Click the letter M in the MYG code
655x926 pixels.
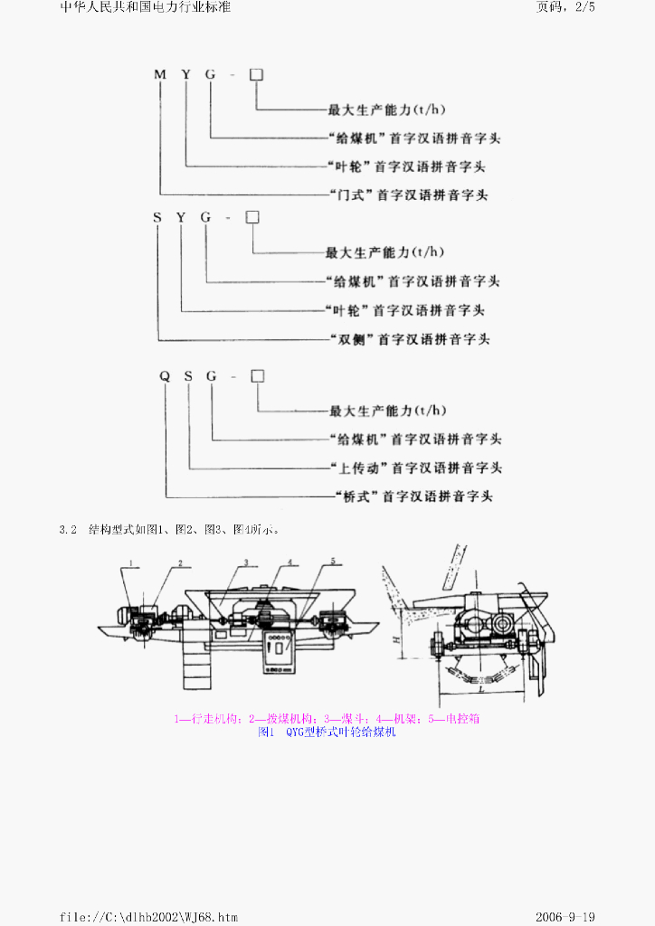[159, 74]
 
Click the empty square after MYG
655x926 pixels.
[256, 74]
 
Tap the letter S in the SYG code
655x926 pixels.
[157, 217]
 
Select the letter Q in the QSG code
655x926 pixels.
[165, 375]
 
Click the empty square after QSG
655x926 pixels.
[257, 375]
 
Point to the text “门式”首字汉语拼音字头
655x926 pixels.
[408, 195]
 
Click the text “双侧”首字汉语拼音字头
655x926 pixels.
[407, 340]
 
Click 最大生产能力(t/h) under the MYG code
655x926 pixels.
[386, 110]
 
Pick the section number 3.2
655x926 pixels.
[70, 529]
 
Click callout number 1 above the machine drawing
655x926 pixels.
[131, 562]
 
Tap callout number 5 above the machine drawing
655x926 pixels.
[333, 562]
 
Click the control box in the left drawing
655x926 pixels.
[280, 651]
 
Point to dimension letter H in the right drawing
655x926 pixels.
[397, 638]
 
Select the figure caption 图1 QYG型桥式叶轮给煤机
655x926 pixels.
[327, 732]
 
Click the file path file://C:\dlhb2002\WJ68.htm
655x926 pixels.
[148, 917]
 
